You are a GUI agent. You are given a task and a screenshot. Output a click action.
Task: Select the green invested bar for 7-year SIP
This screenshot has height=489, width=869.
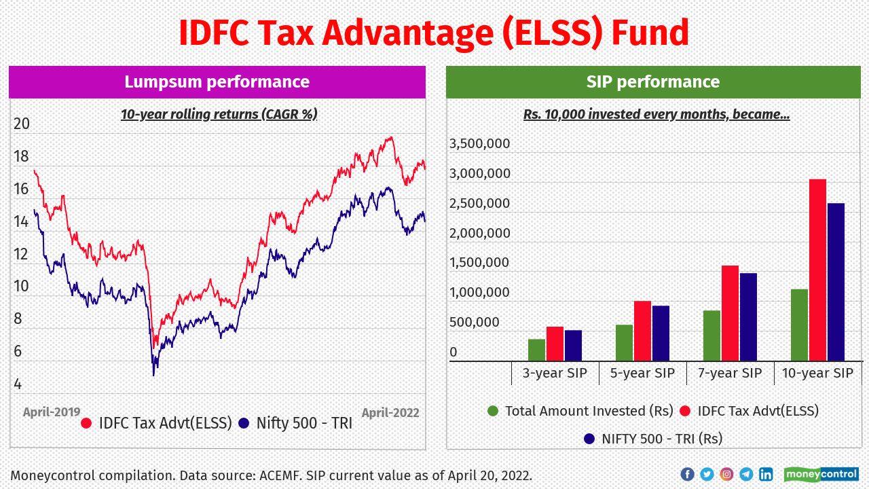711,336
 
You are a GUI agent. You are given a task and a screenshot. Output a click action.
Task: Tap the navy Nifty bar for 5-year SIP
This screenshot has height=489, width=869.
661,333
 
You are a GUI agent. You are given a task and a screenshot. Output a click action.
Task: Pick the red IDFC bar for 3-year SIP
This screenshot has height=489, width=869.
555,344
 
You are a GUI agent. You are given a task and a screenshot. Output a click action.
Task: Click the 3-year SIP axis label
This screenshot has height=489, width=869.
555,373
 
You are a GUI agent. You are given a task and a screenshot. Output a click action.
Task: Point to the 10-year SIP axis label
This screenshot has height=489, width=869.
817,373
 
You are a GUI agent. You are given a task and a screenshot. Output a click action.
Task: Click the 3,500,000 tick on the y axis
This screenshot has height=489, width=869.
479,143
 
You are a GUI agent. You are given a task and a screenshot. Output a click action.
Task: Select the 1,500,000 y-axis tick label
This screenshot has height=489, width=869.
479,263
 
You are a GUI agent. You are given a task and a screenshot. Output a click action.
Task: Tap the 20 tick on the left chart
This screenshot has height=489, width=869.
22,124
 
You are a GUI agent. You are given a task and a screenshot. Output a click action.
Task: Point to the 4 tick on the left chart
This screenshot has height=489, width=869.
18,384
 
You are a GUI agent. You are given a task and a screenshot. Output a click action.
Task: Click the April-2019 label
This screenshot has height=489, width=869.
52,412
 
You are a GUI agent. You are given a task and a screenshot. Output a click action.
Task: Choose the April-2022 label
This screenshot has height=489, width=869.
390,412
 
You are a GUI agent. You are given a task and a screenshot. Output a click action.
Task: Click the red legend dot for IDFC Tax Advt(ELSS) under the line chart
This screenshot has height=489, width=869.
86,423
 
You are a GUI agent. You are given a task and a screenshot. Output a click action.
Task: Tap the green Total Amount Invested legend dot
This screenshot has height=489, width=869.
493,411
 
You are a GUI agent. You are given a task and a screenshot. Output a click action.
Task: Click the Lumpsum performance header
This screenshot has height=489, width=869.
217,82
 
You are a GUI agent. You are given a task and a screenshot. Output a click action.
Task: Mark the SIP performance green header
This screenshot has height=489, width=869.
653,82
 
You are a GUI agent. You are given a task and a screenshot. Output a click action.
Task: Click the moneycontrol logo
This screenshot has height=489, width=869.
821,474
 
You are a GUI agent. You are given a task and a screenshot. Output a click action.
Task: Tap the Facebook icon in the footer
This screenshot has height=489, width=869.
687,474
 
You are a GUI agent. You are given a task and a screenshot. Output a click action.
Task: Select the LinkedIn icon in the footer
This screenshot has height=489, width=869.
766,474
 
